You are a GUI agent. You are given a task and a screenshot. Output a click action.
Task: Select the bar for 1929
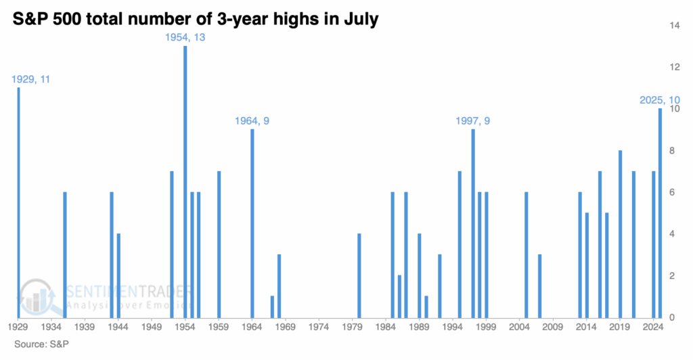(18, 203)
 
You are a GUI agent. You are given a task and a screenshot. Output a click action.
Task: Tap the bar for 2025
(661, 212)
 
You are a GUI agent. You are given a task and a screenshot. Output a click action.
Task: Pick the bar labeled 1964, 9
(252, 223)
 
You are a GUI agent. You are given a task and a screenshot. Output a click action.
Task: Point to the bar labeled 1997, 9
(473, 223)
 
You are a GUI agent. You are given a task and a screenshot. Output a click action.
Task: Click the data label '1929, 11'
(31, 79)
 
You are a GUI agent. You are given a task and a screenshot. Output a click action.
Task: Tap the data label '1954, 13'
(185, 37)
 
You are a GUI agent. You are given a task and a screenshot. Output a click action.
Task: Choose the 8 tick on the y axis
(672, 151)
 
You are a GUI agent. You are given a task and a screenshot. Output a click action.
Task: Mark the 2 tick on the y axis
(672, 276)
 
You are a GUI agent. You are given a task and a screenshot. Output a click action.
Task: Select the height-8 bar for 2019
(621, 233)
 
